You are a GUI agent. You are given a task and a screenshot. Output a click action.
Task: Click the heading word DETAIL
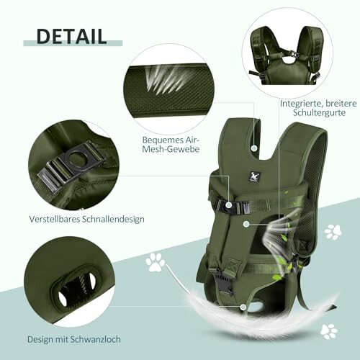(71, 36)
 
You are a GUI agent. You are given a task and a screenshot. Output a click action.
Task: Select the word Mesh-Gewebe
(171, 149)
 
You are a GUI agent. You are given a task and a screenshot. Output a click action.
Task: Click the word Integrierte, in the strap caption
(300, 104)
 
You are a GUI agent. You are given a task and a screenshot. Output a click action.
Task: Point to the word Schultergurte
(319, 112)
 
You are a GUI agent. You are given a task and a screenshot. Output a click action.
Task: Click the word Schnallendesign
(113, 219)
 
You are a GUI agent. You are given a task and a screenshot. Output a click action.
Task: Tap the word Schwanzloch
(96, 339)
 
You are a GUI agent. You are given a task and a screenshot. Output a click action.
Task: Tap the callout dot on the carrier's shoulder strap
(254, 148)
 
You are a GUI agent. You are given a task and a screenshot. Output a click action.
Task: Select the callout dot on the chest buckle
(229, 205)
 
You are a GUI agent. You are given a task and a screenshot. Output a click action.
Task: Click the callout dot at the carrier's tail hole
(243, 307)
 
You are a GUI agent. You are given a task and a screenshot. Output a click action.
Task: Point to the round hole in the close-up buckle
(76, 158)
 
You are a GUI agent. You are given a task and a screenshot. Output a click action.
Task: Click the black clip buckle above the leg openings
(222, 282)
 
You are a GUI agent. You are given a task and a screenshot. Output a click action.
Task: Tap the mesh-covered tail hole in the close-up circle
(76, 285)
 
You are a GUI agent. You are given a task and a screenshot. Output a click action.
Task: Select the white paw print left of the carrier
(156, 262)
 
